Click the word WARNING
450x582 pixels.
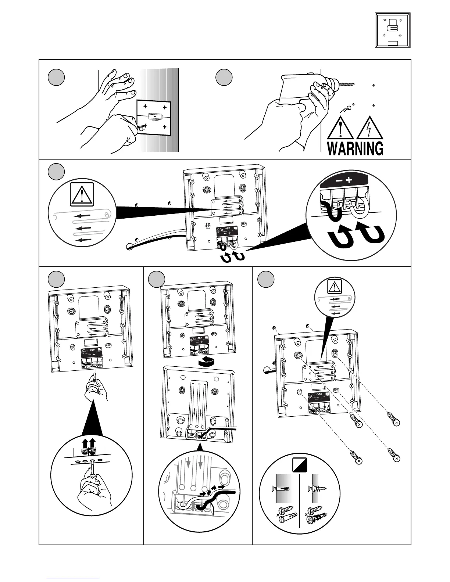pyautogui.click(x=355, y=148)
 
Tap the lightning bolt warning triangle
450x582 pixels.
pyautogui.click(x=369, y=128)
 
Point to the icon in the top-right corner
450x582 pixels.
pyautogui.click(x=392, y=30)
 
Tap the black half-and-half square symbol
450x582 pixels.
pyautogui.click(x=300, y=465)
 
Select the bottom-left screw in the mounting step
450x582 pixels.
pyautogui.click(x=356, y=458)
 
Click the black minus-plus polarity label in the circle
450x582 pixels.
pyautogui.click(x=344, y=180)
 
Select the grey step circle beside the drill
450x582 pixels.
pyautogui.click(x=224, y=78)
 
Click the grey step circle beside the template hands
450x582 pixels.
pyautogui.click(x=57, y=78)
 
